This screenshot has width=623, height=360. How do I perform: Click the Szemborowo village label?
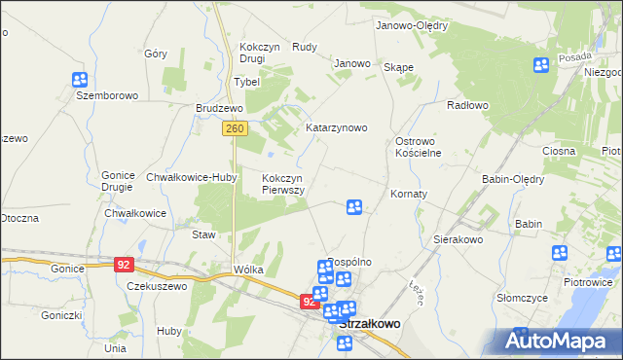coord(108,96)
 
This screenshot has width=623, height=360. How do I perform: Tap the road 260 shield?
coord(233,128)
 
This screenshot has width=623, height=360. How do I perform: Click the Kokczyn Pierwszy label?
coord(283,184)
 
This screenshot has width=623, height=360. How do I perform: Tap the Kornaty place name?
coord(409,194)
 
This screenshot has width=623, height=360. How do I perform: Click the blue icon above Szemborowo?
coord(82,80)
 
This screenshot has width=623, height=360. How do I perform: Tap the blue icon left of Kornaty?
coord(354,207)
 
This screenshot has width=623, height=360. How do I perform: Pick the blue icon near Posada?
coord(541,65)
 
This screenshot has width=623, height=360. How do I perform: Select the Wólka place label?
coord(248,269)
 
